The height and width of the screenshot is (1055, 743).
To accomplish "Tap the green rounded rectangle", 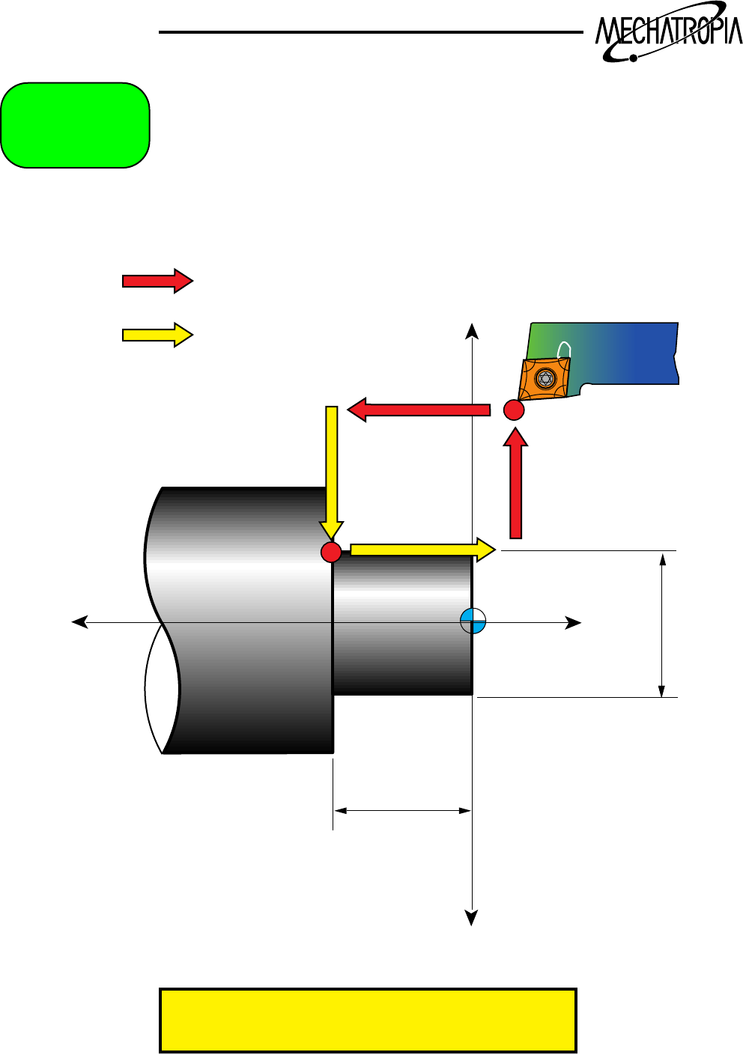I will click(75, 125).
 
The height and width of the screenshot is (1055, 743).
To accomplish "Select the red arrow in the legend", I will click(157, 281).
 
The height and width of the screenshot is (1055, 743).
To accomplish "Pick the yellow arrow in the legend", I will click(157, 334).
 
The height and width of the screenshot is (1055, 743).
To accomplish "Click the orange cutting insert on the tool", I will click(545, 378).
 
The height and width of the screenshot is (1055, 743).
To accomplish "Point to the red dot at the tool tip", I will click(513, 410).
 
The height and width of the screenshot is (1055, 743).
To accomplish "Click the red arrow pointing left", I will click(419, 410).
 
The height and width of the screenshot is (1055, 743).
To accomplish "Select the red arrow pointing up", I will click(515, 486).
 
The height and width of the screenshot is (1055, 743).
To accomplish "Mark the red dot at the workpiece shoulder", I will click(331, 552).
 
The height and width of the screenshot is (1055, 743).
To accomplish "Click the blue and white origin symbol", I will click(473, 621).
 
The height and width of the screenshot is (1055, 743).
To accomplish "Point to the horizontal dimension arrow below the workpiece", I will click(402, 810).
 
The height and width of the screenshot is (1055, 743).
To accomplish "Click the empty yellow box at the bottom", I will click(368, 1021).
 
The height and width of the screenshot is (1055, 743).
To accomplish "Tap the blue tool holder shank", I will click(629, 352).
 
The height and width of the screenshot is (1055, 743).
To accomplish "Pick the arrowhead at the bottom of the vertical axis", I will click(472, 918).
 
